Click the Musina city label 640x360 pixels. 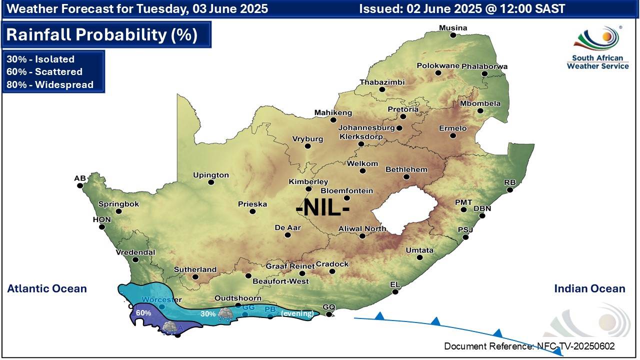point(452,28)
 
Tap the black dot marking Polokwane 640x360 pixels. point(438,73)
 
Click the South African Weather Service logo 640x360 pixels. point(597,47)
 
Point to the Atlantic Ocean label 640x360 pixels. point(47,288)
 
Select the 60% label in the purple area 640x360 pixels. point(143,312)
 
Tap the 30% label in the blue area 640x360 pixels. point(208,314)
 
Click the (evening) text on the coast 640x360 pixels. point(298,313)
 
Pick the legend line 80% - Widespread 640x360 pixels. point(50,84)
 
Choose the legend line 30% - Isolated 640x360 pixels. point(40,59)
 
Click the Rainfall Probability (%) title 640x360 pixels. point(102,35)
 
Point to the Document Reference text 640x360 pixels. point(529,346)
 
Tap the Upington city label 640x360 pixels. point(211,175)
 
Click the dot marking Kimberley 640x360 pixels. point(308,189)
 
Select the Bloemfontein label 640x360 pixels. point(346,190)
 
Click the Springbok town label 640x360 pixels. point(118,204)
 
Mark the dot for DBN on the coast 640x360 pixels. point(482,216)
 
